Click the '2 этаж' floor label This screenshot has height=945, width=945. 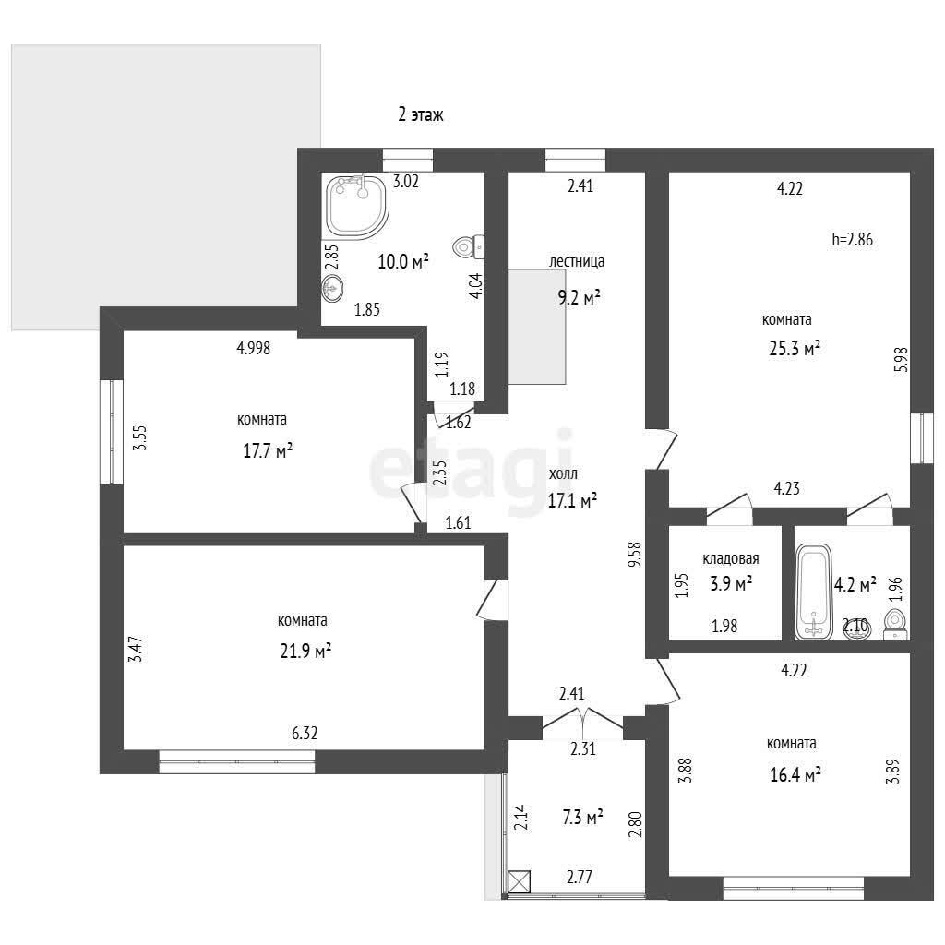421,114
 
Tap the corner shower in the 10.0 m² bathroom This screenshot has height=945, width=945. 356,205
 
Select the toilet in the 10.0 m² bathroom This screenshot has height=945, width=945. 468,245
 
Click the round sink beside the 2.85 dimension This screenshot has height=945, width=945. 332,288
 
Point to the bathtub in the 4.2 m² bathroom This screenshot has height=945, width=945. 813,592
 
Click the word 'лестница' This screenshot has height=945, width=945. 577,261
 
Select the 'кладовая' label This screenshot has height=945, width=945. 731,558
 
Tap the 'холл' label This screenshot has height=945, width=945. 563,473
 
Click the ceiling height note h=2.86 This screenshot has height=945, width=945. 852,239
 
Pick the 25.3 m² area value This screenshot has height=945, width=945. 795,348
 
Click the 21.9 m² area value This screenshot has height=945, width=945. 305,651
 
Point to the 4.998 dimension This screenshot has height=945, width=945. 253,348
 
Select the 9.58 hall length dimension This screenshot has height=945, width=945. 635,555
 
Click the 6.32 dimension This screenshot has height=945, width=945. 305,733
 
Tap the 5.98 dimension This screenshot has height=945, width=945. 903,359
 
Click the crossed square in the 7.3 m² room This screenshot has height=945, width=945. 520,881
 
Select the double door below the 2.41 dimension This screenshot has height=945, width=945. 583,722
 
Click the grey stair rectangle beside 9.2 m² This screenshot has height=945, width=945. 537,327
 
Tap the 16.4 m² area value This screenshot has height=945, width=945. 795,774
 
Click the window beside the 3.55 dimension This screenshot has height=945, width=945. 112,432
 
